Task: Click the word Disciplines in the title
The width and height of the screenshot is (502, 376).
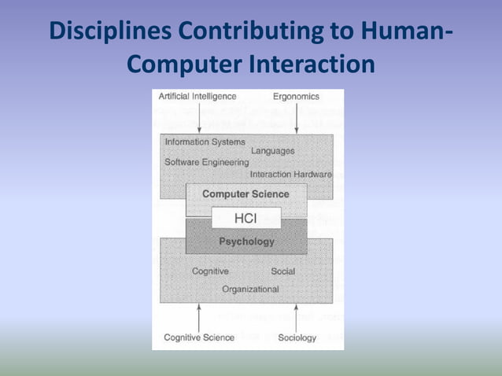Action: (x=111, y=32)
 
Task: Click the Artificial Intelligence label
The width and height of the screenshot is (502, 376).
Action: (x=197, y=96)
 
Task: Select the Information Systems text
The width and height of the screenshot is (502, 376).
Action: (x=205, y=142)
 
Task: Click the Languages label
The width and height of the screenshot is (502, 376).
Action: (x=272, y=150)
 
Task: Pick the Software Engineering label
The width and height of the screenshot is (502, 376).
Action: (x=206, y=162)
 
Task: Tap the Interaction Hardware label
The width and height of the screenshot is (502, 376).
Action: (x=290, y=174)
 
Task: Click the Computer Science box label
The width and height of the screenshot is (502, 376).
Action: (x=245, y=194)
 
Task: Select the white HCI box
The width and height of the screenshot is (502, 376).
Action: (x=246, y=217)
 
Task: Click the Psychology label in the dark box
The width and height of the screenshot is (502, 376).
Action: (x=246, y=241)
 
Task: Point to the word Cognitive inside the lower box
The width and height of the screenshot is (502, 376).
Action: (x=210, y=271)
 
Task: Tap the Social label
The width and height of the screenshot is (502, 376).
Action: (x=282, y=271)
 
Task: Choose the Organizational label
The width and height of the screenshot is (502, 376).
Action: (x=250, y=289)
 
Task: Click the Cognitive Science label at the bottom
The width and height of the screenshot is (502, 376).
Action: (x=198, y=337)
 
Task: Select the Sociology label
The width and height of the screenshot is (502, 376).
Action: (x=297, y=337)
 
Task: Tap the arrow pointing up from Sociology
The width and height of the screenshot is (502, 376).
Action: (x=296, y=316)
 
